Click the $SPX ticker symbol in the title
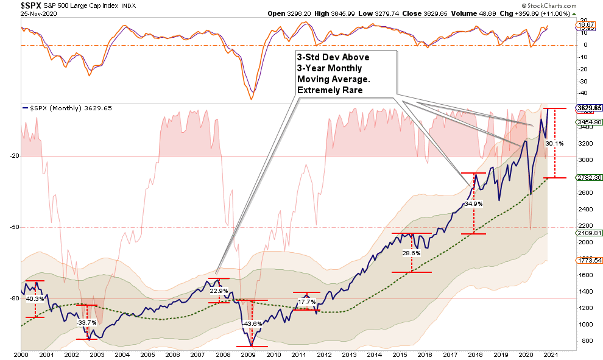[14, 5]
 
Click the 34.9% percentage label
[473, 204]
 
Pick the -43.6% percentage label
[252, 323]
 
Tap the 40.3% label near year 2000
[35, 299]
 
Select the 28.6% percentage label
[412, 253]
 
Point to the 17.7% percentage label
[307, 302]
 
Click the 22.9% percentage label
[219, 291]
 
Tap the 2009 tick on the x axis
[249, 354]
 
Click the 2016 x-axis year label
[424, 354]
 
